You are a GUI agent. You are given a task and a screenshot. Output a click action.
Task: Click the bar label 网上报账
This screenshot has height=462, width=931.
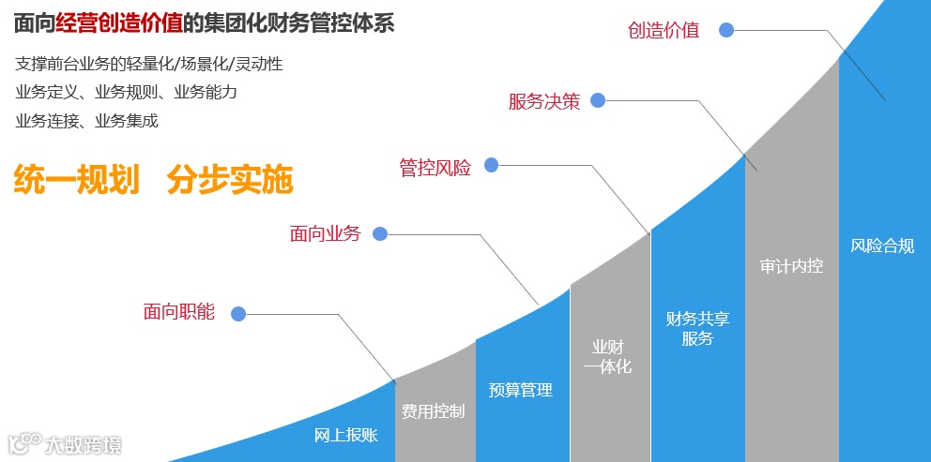pyautogui.click(x=345, y=435)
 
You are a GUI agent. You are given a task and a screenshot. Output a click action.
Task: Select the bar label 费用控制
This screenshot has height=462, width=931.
pyautogui.click(x=433, y=410)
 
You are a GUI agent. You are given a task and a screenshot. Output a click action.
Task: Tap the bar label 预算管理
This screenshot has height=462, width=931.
pyautogui.click(x=521, y=390)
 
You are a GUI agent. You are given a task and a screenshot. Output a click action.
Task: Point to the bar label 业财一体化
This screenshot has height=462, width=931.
pyautogui.click(x=607, y=357)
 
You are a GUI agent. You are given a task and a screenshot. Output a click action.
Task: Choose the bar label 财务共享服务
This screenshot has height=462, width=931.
pyautogui.click(x=697, y=328)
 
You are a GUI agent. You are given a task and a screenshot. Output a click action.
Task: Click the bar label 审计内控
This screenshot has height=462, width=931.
pyautogui.click(x=791, y=266)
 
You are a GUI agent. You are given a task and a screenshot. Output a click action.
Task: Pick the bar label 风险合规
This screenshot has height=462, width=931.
pyautogui.click(x=882, y=246)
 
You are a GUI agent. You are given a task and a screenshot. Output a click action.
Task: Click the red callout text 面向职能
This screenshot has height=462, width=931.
pyautogui.click(x=179, y=312)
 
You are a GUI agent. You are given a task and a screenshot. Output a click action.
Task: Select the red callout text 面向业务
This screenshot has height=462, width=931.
pyautogui.click(x=325, y=233)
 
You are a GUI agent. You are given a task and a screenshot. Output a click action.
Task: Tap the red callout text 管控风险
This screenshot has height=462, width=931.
pyautogui.click(x=435, y=167)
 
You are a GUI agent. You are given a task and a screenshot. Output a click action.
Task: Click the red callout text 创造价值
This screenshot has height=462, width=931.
pyautogui.click(x=664, y=30)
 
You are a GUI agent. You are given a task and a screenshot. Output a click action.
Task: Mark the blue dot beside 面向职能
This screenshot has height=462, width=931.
pyautogui.click(x=238, y=314)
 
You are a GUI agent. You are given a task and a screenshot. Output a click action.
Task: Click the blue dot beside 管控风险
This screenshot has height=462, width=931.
pyautogui.click(x=491, y=166)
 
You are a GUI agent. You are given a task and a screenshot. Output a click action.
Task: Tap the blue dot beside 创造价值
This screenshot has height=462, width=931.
pyautogui.click(x=725, y=30)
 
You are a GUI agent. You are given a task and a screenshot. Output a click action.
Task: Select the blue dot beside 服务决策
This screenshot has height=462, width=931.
pyautogui.click(x=598, y=100)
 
